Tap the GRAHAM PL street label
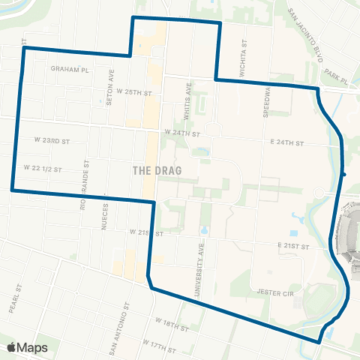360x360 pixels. click(x=70, y=68)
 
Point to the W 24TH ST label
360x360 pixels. click(x=184, y=133)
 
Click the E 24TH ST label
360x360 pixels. click(x=288, y=142)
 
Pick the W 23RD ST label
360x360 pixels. click(x=52, y=139)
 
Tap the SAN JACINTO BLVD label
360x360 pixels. click(x=307, y=37)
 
